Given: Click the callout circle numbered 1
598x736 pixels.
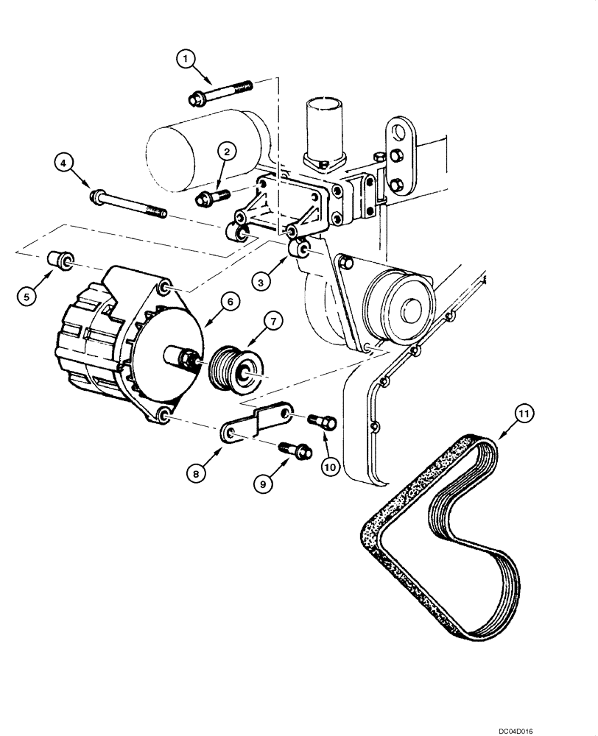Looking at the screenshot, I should (x=186, y=57).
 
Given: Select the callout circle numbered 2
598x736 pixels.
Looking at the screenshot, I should (x=228, y=152).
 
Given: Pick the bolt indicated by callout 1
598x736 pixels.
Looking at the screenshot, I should (x=220, y=91).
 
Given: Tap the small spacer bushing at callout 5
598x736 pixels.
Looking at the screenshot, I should (x=58, y=261).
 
